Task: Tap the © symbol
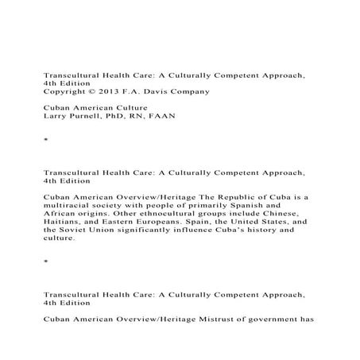[94, 91]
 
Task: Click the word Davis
[159, 91]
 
